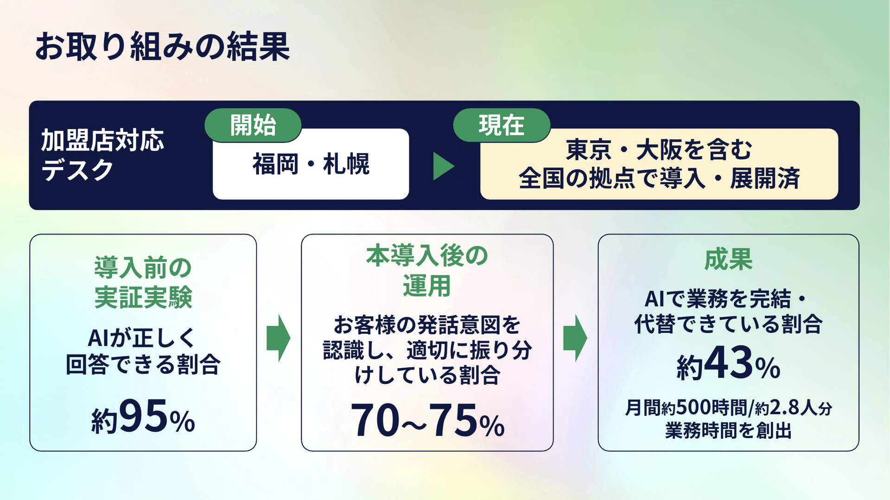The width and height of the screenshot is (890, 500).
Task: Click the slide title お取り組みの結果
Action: tap(162, 46)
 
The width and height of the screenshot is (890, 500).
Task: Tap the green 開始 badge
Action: tap(253, 125)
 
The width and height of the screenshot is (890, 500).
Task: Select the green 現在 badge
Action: tap(502, 125)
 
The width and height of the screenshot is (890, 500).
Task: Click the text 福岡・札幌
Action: tap(311, 164)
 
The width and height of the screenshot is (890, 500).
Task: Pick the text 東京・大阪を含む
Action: tap(659, 149)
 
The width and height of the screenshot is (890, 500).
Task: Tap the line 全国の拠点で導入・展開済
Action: tap(659, 178)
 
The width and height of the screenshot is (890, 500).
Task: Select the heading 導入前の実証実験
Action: tap(143, 282)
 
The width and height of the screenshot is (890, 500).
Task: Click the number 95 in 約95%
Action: tap(143, 416)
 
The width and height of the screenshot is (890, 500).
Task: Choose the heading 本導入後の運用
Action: tap(427, 270)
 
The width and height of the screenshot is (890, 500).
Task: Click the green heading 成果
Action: tap(728, 259)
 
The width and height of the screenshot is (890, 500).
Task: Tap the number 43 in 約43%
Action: tap(729, 362)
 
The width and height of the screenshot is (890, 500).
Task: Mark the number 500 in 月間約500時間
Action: tap(693, 408)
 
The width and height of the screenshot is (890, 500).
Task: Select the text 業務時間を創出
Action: tap(728, 430)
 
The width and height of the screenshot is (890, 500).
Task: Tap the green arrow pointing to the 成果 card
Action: tap(575, 338)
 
